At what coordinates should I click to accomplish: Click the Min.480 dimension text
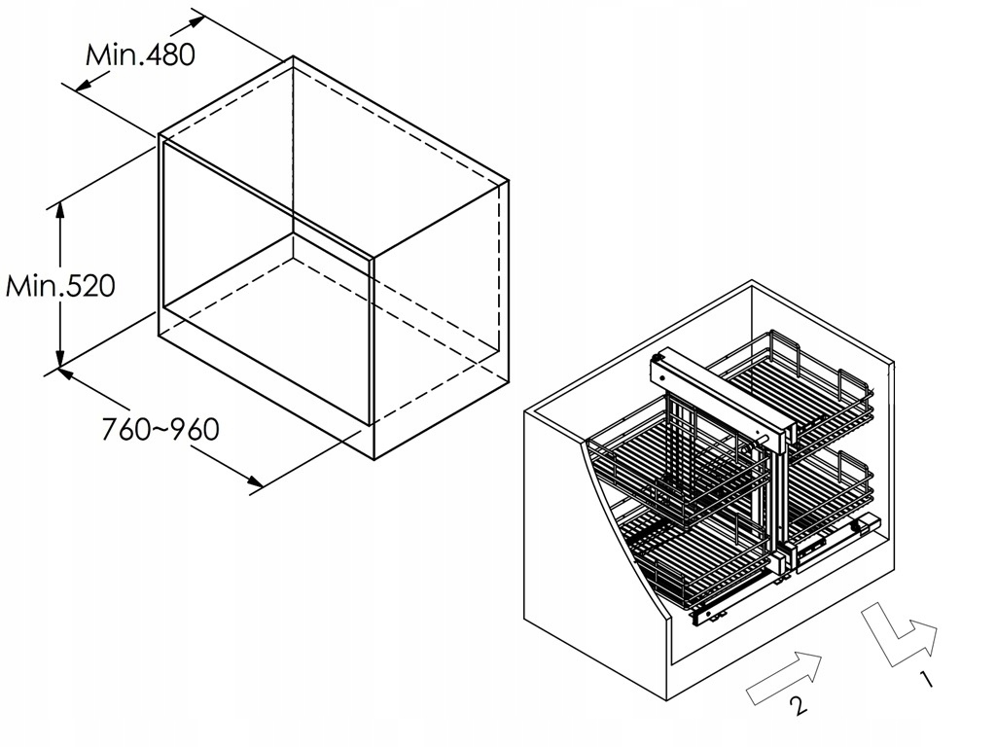(140, 53)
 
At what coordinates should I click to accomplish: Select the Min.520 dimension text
(60, 286)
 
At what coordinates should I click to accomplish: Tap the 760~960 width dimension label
(160, 428)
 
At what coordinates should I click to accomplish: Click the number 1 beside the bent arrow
(927, 679)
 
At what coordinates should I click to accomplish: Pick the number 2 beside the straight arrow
(797, 707)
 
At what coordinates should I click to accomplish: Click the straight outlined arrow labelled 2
(784, 677)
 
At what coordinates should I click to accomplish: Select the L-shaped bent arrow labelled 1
(897, 637)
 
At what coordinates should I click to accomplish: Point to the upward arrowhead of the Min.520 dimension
(60, 209)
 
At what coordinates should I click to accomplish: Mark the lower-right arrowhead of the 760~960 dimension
(255, 483)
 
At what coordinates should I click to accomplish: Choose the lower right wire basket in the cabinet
(827, 486)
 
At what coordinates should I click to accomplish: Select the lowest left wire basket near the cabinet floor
(681, 564)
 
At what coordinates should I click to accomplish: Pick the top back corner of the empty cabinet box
(294, 58)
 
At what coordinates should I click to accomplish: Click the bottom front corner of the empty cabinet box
(373, 457)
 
